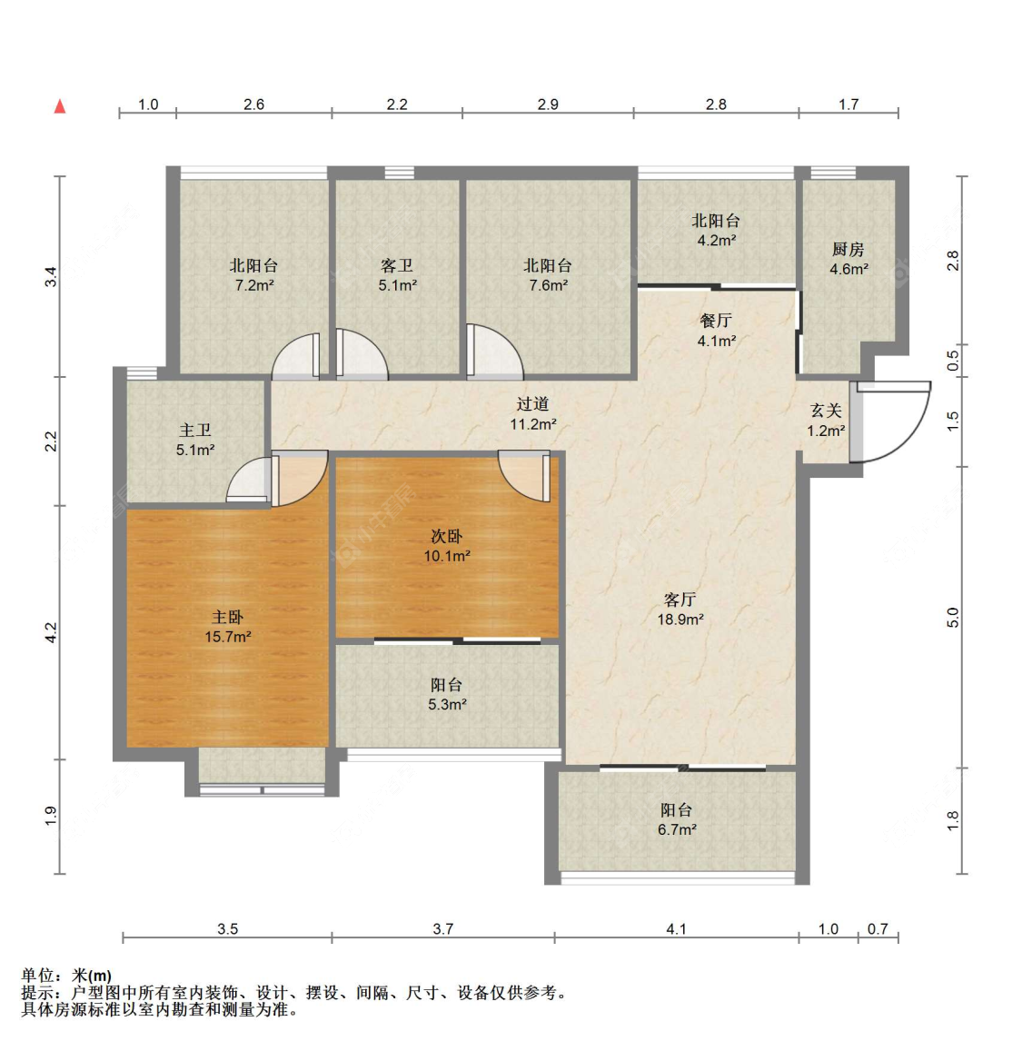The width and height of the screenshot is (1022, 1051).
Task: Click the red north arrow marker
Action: (60, 106)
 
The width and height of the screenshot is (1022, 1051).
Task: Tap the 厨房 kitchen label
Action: (849, 260)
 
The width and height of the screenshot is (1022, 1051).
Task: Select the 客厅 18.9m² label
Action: (680, 610)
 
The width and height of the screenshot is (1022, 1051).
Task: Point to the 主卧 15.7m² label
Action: (228, 627)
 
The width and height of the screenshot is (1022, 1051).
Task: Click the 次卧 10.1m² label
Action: (447, 546)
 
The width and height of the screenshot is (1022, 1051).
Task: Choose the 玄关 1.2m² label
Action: (826, 421)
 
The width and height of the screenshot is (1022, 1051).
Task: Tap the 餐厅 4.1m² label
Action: (717, 331)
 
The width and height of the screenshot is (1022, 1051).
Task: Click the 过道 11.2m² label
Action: (533, 413)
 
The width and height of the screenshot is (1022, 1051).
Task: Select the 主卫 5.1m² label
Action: (195, 440)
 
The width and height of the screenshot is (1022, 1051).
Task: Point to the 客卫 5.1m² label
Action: (397, 275)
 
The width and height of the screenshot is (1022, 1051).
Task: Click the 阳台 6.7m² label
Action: (677, 819)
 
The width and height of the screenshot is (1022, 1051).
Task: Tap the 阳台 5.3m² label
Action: (447, 694)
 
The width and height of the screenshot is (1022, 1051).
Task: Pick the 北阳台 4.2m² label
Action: (717, 230)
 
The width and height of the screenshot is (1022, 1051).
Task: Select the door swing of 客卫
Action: (362, 354)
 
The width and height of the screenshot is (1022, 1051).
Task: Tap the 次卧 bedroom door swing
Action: (525, 476)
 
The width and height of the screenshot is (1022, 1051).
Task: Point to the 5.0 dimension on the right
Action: (953, 618)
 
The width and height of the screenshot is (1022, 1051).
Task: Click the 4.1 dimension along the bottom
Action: (677, 929)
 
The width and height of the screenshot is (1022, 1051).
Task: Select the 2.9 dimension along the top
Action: (548, 104)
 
